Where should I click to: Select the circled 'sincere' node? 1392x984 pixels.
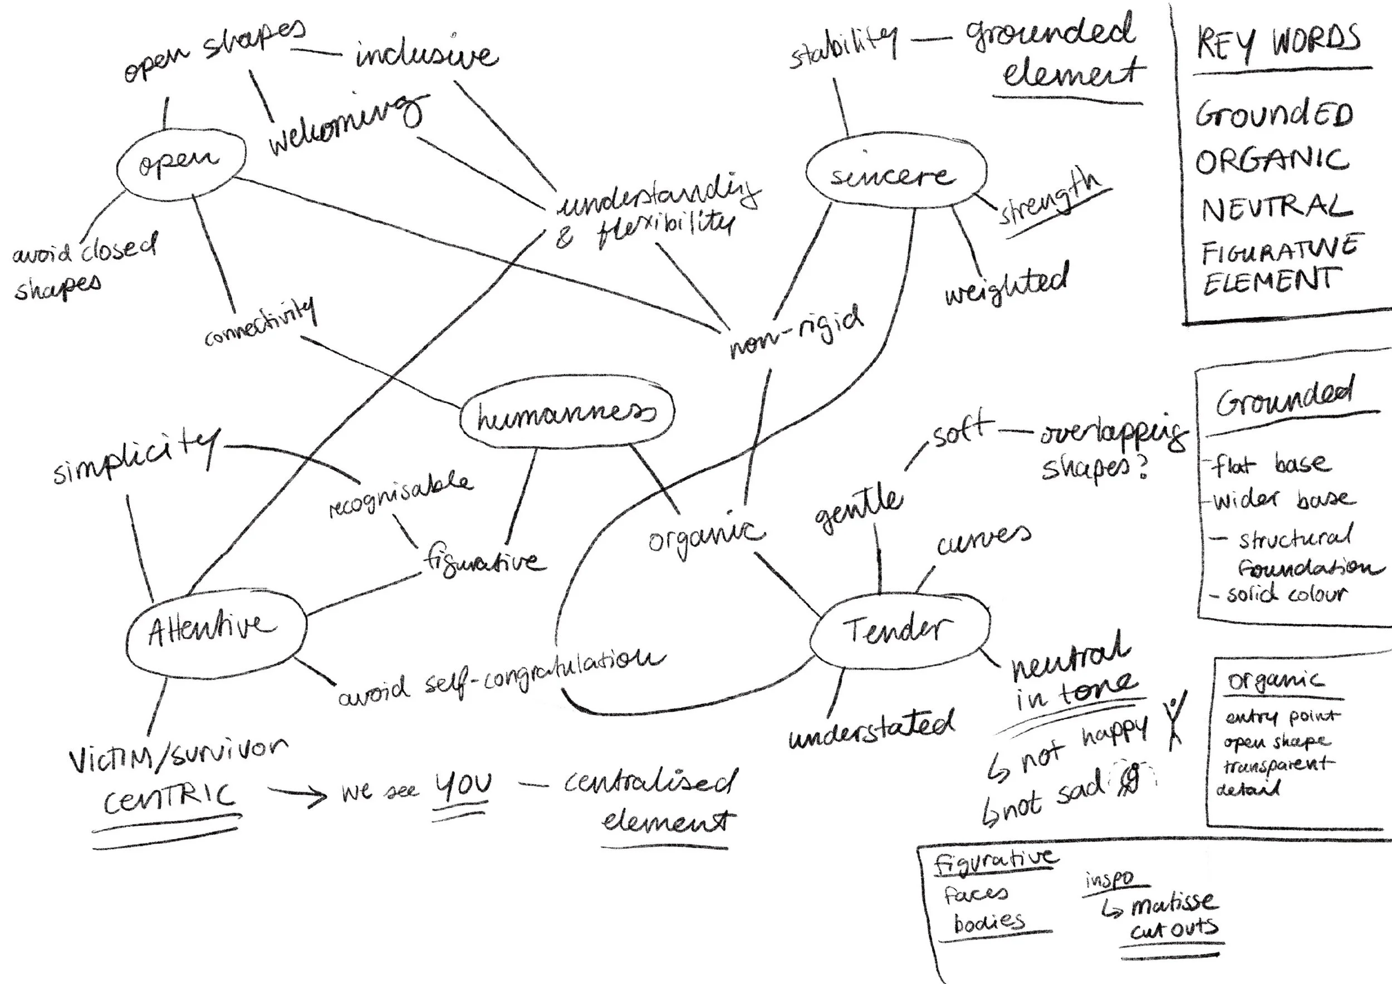(895, 176)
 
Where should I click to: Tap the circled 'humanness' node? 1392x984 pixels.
(566, 416)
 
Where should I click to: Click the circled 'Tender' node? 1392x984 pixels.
(899, 629)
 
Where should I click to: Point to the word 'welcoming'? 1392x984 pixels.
(346, 126)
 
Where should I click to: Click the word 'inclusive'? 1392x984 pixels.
(427, 56)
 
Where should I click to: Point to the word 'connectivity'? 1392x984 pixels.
(261, 322)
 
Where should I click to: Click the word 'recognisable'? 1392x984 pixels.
(400, 497)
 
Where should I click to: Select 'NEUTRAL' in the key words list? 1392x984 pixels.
(1277, 207)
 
